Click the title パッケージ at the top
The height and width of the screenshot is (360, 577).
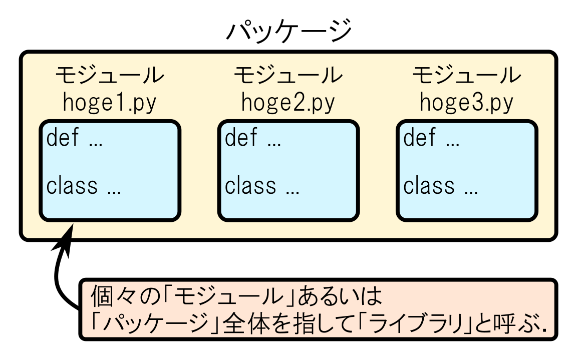coord(289,31)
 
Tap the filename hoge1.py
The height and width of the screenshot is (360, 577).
coord(110,103)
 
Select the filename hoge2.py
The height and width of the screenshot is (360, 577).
coord(288,103)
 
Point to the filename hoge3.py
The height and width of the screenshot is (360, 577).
coord(466,103)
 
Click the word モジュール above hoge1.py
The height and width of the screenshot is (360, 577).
coord(110,76)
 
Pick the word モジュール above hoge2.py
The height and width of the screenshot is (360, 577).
coord(288,76)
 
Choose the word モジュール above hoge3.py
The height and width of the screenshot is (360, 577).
coord(466,76)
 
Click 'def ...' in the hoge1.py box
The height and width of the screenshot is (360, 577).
coord(75,138)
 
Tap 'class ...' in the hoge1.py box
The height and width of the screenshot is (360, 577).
coord(84,186)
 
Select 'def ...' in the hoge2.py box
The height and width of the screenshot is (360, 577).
coord(253,138)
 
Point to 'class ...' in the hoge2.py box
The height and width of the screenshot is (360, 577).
coord(262,186)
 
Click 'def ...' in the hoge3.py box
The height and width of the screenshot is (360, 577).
coord(431,138)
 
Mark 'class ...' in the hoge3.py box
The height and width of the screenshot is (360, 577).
coord(440,186)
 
